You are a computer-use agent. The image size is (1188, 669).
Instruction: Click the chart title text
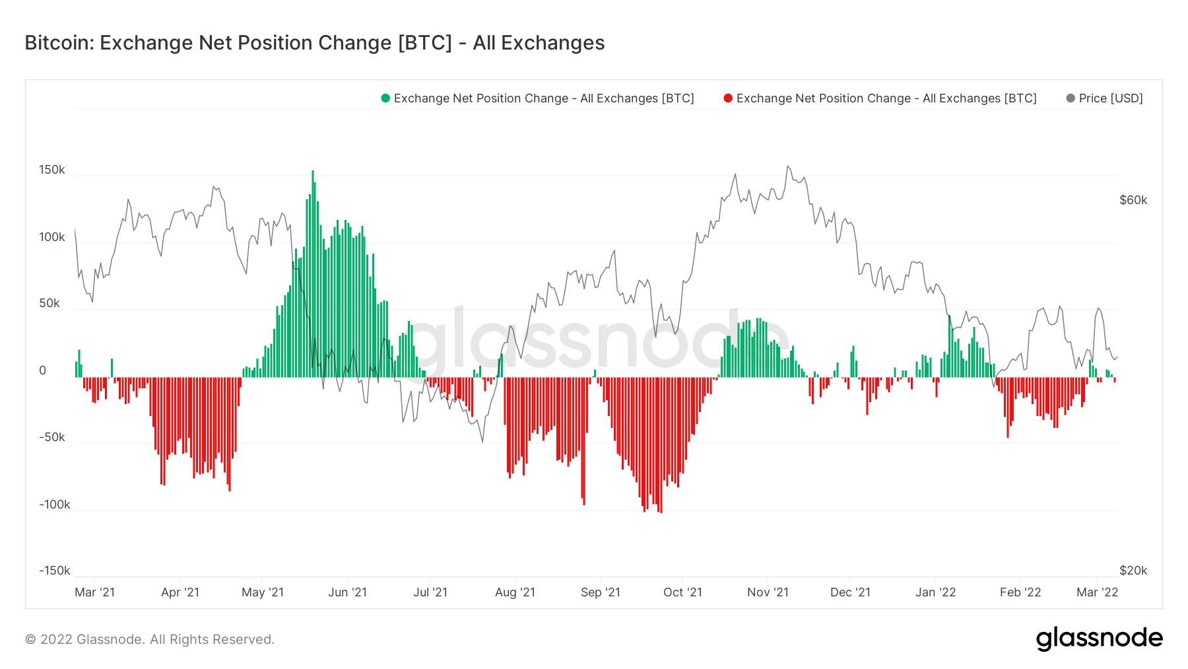click(x=314, y=43)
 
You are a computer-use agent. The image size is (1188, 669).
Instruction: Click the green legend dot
click(x=385, y=98)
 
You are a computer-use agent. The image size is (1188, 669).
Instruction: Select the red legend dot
click(x=728, y=98)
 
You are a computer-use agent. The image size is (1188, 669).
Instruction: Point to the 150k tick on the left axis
click(x=52, y=170)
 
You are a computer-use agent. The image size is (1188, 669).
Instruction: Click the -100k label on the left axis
click(x=54, y=505)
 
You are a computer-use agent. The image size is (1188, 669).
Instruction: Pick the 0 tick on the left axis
click(x=43, y=370)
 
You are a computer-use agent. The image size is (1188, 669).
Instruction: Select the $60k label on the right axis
click(x=1133, y=200)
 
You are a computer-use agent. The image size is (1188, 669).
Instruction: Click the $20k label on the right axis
click(x=1133, y=571)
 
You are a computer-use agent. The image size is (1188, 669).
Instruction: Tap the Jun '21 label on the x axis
click(x=347, y=592)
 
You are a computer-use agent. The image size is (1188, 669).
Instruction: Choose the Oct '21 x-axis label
click(x=682, y=592)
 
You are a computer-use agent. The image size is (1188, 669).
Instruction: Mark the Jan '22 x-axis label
click(x=935, y=592)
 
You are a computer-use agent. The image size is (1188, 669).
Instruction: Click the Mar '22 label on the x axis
click(x=1097, y=592)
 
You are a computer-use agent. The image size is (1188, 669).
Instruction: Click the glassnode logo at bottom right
click(x=1099, y=639)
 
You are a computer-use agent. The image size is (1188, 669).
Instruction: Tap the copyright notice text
click(x=150, y=639)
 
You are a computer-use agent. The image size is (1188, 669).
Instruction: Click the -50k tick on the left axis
click(x=52, y=437)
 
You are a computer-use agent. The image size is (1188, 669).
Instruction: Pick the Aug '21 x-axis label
click(x=515, y=592)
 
